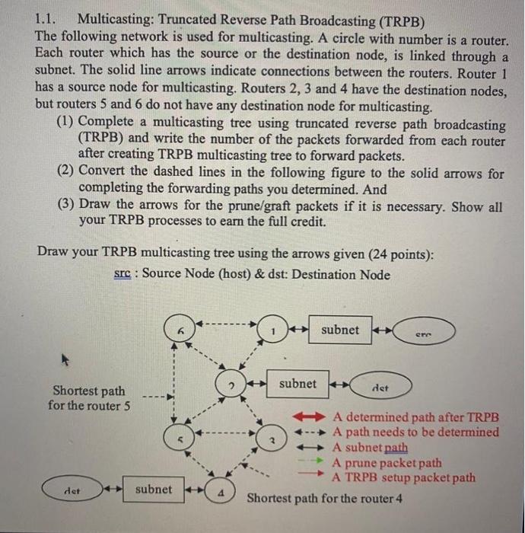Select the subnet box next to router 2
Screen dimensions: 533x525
pos(297,384)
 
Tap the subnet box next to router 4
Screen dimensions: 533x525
pos(153,489)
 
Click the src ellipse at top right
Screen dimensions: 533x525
pos(425,331)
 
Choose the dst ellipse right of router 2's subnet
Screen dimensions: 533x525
pos(380,385)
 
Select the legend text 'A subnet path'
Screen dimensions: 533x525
pos(371,448)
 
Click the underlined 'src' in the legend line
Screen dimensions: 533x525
pos(123,274)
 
